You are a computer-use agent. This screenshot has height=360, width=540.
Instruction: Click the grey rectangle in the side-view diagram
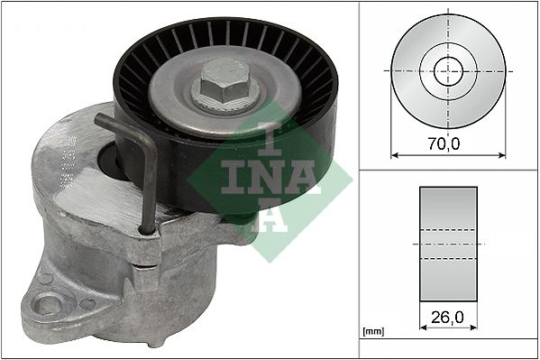coord(449,244)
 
